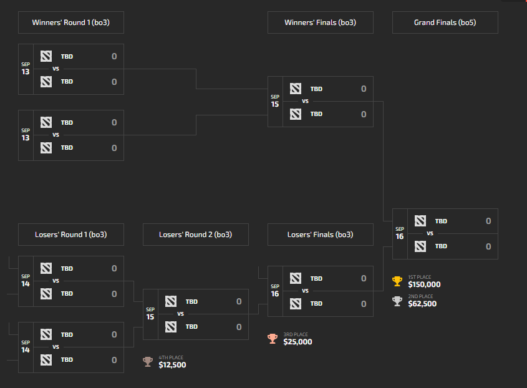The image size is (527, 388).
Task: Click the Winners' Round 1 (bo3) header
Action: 70,23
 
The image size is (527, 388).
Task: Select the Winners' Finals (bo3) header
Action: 320,23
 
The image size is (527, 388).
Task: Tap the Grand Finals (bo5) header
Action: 445,23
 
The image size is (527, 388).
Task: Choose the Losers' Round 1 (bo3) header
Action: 70,235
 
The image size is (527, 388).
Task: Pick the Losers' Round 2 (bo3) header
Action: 195,235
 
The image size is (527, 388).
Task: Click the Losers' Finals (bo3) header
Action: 320,235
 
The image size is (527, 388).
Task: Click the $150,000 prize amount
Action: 424,284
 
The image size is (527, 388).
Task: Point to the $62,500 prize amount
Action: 422,304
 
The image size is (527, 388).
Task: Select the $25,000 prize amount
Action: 297,342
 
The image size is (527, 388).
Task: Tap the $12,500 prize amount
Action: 172,365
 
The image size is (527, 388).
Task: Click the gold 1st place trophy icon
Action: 397,281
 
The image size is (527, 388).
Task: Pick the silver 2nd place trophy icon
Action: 397,301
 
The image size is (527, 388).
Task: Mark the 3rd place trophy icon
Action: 272,339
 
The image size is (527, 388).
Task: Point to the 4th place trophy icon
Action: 147,362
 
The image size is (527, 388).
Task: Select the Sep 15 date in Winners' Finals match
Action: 275,102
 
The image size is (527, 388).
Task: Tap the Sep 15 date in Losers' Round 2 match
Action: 150,314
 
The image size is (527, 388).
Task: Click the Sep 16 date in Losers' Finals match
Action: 275,291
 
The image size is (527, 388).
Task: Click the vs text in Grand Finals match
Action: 430,234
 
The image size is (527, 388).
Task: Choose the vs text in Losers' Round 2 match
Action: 180,314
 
